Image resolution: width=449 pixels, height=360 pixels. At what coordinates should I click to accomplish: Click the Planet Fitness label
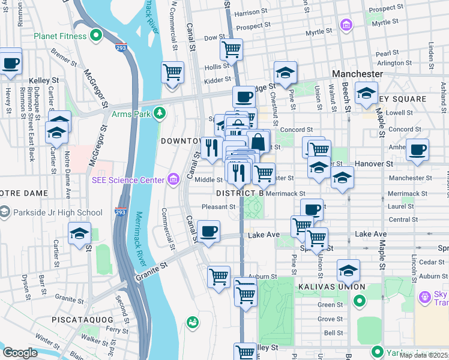tap(61, 35)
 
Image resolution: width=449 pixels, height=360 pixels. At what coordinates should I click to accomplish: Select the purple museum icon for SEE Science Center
tap(174, 179)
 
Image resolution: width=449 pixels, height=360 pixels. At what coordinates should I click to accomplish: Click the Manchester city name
tap(358, 74)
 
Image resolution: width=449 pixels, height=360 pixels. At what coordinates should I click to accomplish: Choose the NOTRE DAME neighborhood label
tap(26, 194)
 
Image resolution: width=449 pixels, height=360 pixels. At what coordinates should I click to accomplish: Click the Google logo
tap(20, 353)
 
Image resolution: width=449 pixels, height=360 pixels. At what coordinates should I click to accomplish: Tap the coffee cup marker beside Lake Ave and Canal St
tap(208, 232)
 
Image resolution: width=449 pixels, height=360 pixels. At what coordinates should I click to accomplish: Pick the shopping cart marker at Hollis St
tap(231, 49)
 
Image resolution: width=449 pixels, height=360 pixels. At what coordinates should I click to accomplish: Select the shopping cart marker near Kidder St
tap(172, 72)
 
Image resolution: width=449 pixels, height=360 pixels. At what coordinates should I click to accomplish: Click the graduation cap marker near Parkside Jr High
tap(80, 234)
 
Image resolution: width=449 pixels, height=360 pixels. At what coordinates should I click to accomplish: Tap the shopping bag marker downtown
tap(258, 142)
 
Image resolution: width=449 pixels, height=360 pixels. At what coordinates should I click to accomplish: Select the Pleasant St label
tap(218, 207)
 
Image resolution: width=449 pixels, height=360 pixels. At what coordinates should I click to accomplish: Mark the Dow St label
tap(214, 37)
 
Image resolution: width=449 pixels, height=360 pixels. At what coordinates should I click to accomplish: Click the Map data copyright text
tap(424, 355)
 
